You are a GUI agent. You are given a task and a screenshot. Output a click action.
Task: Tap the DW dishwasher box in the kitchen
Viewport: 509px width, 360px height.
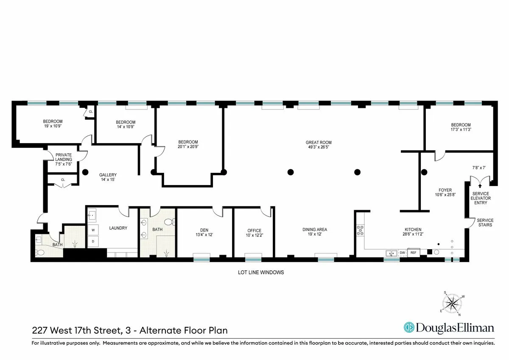click(x=403, y=253)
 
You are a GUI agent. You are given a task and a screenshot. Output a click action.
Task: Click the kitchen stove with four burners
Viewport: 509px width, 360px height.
click(x=361, y=230)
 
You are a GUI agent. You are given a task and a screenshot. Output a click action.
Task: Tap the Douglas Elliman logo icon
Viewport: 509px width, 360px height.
click(x=409, y=328)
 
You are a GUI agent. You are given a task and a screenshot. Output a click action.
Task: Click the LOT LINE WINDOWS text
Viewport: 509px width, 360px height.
click(x=260, y=273)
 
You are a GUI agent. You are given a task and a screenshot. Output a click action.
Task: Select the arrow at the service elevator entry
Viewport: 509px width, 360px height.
click(x=480, y=184)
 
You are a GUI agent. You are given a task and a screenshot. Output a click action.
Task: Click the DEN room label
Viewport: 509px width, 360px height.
click(x=204, y=231)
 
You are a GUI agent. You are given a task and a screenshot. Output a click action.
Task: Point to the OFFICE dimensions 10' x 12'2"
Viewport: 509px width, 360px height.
click(x=254, y=236)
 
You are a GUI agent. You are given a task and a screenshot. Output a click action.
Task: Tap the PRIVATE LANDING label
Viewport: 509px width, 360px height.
click(x=63, y=157)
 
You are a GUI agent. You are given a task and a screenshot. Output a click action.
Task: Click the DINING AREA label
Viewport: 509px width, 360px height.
click(x=315, y=230)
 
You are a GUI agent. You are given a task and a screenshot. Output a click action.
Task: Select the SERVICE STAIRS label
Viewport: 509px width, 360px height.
click(x=485, y=222)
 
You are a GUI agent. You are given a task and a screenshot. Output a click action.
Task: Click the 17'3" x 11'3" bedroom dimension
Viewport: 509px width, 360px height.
click(x=461, y=130)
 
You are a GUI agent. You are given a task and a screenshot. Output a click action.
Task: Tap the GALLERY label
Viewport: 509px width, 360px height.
click(x=108, y=175)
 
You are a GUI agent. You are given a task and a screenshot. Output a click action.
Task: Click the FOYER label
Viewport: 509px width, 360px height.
click(x=445, y=190)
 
